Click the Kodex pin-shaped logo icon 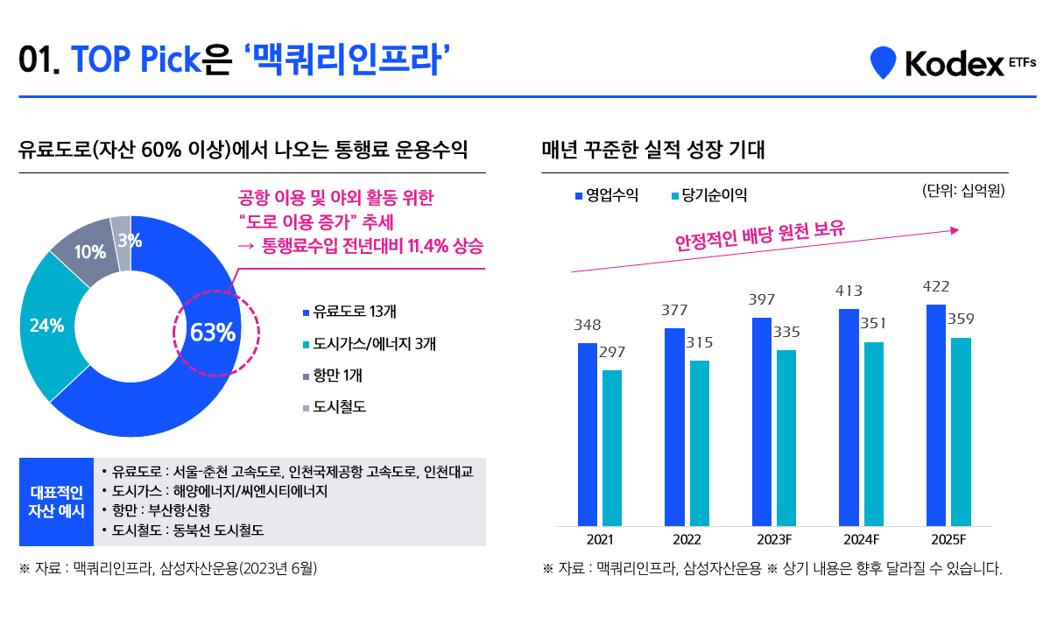pyautogui.click(x=883, y=62)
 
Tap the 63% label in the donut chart pyautogui.click(x=213, y=333)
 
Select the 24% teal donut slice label pyautogui.click(x=46, y=326)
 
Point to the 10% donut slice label pyautogui.click(x=89, y=252)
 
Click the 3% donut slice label pyautogui.click(x=130, y=240)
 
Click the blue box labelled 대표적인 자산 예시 pyautogui.click(x=56, y=502)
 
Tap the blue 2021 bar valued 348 pyautogui.click(x=588, y=434)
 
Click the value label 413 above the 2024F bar pyautogui.click(x=849, y=291)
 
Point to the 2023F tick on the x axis pyautogui.click(x=773, y=539)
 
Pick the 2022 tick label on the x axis pyautogui.click(x=687, y=539)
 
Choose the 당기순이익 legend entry pyautogui.click(x=708, y=195)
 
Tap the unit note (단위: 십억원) pyautogui.click(x=962, y=191)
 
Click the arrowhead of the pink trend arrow pyautogui.click(x=955, y=230)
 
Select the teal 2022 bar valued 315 pyautogui.click(x=700, y=443)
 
